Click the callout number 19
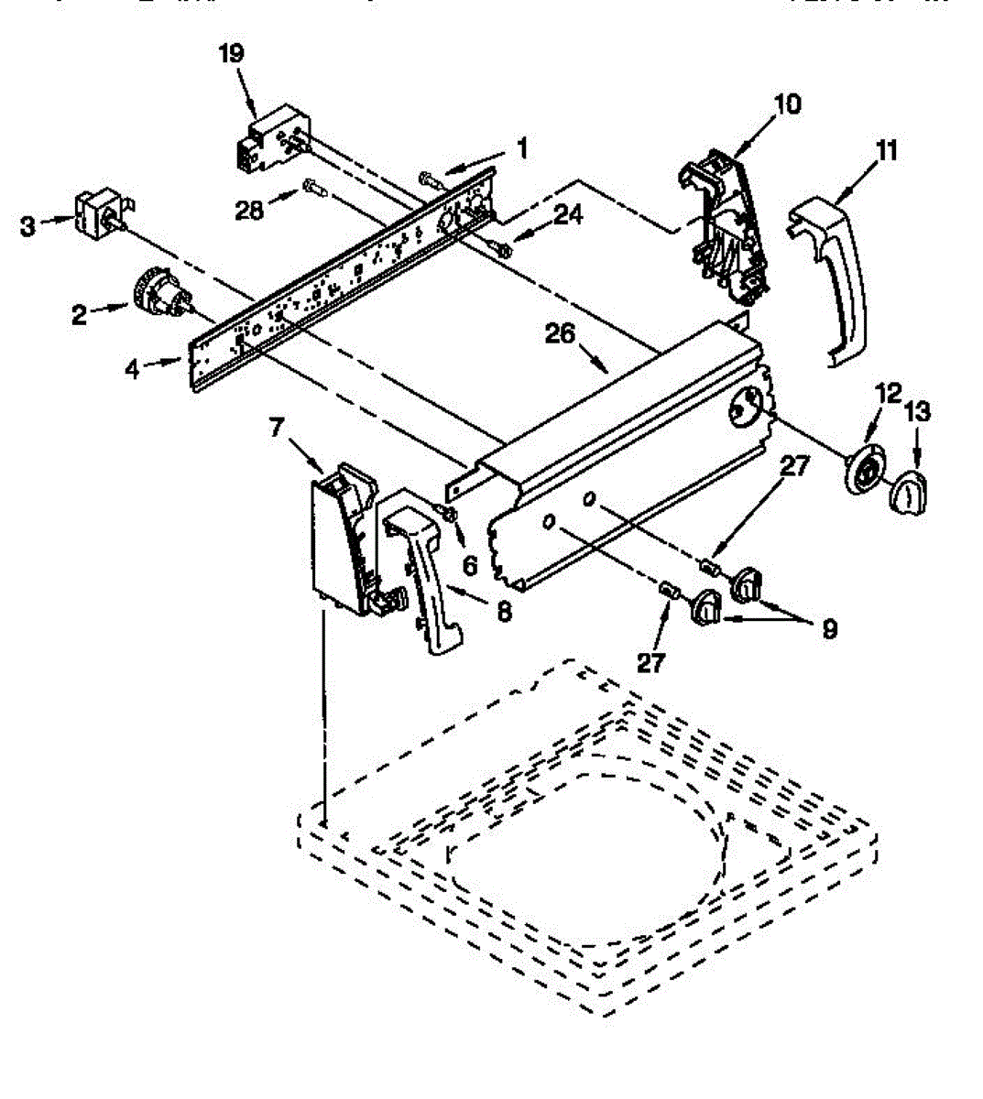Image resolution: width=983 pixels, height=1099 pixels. pos(232,53)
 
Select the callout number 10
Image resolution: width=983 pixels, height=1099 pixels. pos(786,103)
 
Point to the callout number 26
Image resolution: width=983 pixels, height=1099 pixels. pos(562,333)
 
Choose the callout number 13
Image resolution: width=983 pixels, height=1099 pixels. pos(919,411)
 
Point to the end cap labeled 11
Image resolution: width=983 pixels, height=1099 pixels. pos(832,275)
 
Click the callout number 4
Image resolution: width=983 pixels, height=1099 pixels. pos(134,369)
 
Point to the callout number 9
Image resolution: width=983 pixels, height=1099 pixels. pos(828,629)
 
